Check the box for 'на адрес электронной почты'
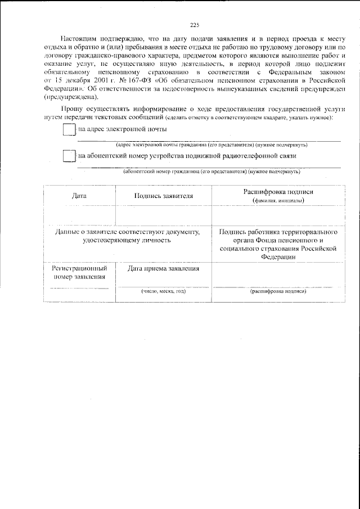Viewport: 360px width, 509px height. point(69,130)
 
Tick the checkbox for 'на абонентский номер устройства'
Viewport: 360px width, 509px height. point(69,156)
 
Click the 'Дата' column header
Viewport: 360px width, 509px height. point(79,196)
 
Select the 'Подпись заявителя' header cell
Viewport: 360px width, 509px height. point(164,196)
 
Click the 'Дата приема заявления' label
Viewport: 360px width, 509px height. point(164,269)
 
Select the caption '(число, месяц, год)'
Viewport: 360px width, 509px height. point(164,291)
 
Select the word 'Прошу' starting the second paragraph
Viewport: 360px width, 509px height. point(71,111)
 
